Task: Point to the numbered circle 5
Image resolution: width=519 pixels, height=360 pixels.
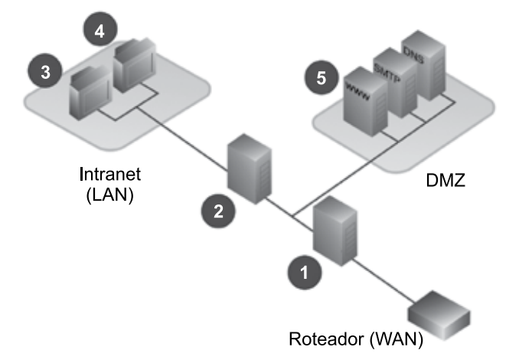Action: pyautogui.click(x=320, y=77)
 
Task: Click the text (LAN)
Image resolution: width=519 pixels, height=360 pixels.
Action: pyautogui.click(x=110, y=194)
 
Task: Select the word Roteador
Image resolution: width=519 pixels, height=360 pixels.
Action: pyautogui.click(x=322, y=338)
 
